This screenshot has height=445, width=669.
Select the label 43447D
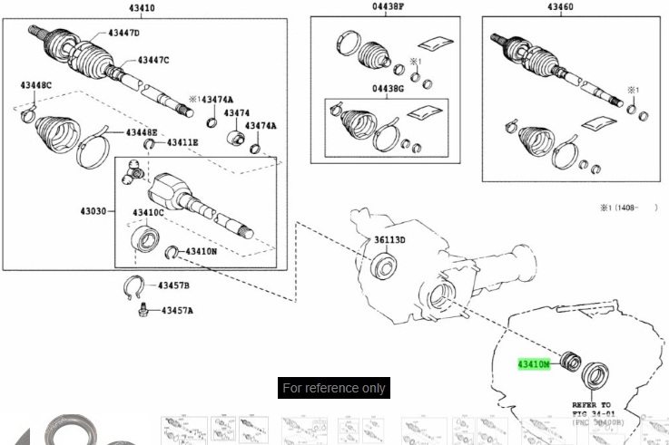pyautogui.click(x=124, y=33)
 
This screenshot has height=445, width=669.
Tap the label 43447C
pyautogui.click(x=153, y=60)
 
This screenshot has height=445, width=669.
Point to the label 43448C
pyautogui.click(x=36, y=85)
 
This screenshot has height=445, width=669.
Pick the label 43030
pyautogui.click(x=94, y=211)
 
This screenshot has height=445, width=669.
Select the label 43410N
pyautogui.click(x=201, y=251)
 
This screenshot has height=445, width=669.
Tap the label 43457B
pyautogui.click(x=174, y=285)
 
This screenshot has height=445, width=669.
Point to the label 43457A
pyautogui.click(x=177, y=311)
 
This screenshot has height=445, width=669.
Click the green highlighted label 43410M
pyautogui.click(x=534, y=364)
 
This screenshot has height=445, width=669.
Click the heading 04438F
pyautogui.click(x=388, y=7)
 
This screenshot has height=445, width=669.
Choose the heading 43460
pyautogui.click(x=560, y=7)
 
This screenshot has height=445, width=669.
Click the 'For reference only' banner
pyautogui.click(x=334, y=388)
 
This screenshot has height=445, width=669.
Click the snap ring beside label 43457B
pyautogui.click(x=134, y=286)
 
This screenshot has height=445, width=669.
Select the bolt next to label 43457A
pyautogui.click(x=143, y=311)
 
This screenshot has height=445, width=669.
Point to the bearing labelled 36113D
pyautogui.click(x=385, y=266)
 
